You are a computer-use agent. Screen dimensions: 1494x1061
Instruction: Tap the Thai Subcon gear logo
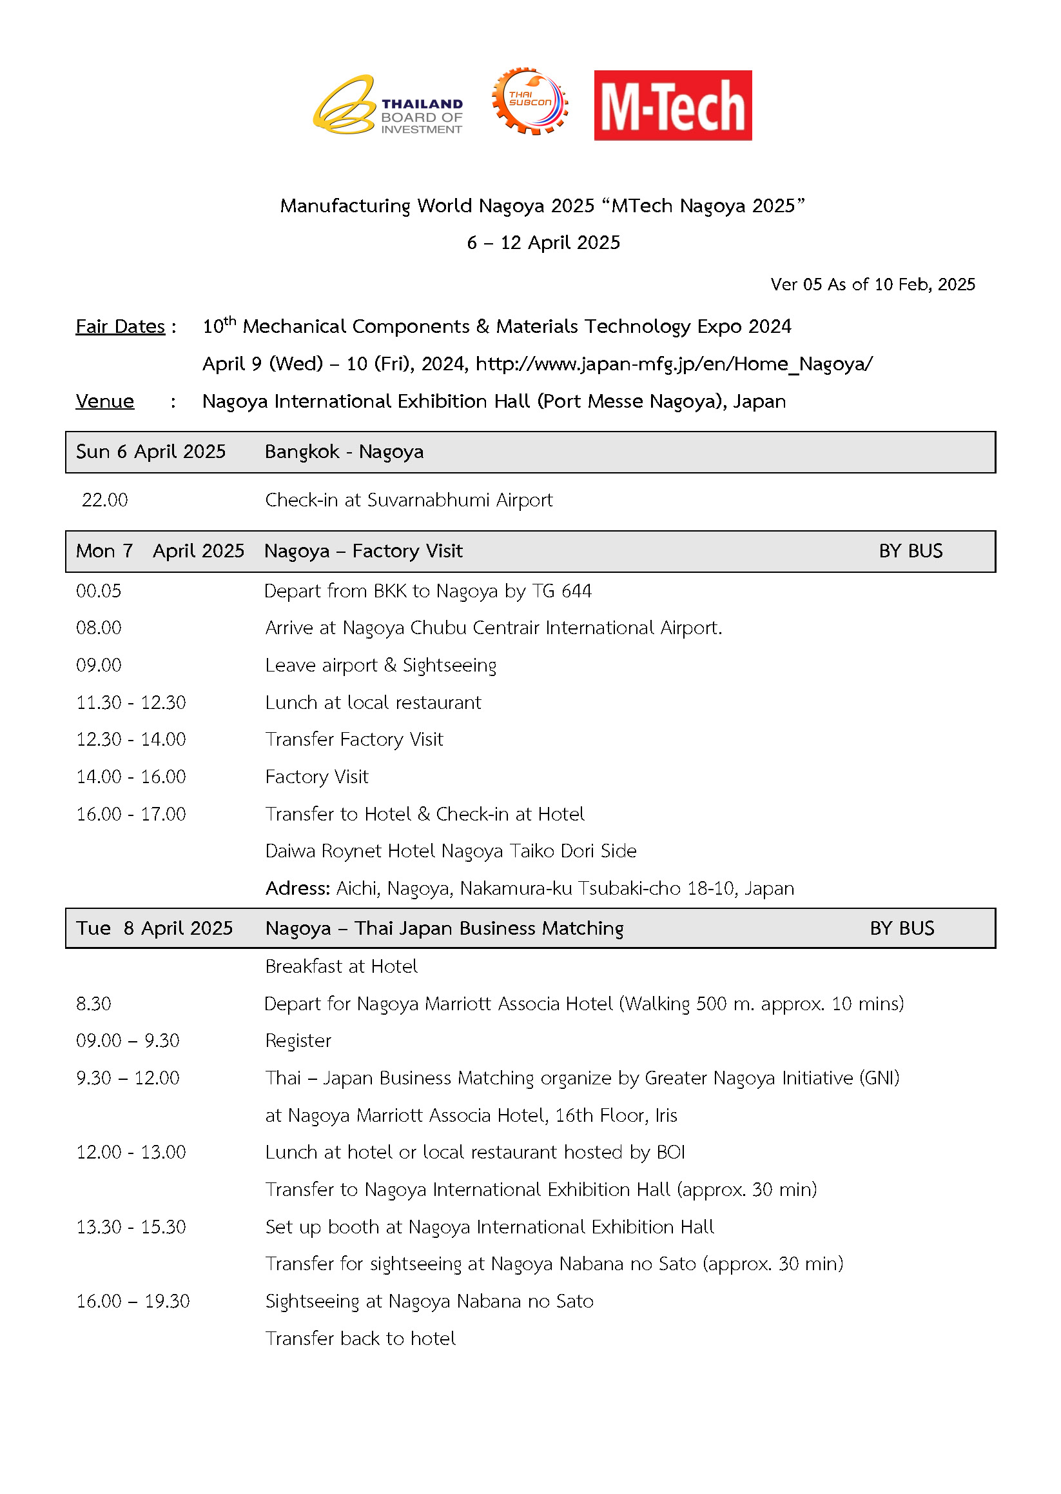coord(530,101)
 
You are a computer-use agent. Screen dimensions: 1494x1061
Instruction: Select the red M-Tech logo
coord(672,105)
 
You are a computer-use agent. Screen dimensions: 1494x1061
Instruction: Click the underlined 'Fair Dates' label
coord(121,326)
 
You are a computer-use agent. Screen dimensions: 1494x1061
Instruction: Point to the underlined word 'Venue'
coord(104,401)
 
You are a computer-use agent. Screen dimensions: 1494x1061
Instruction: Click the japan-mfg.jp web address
coord(674,364)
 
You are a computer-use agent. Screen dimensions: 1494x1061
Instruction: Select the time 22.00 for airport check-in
coord(104,500)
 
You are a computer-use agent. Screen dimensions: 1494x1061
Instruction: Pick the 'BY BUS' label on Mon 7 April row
coord(910,551)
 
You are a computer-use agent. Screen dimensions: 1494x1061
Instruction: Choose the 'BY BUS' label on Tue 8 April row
coord(902,928)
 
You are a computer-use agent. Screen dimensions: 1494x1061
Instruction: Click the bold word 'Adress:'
coord(297,888)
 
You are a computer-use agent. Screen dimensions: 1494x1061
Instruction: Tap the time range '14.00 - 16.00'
coord(131,777)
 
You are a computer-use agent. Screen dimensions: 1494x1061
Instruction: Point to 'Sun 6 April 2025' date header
coord(150,452)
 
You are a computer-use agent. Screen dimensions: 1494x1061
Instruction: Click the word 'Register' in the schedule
coord(298,1041)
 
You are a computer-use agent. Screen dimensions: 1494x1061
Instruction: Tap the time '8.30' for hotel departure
coord(93,1004)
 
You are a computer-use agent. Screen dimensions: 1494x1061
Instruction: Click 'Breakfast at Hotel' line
coord(341,966)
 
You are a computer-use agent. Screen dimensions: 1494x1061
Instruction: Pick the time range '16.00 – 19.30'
coord(133,1301)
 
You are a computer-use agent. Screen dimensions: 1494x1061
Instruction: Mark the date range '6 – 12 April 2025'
coord(543,243)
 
